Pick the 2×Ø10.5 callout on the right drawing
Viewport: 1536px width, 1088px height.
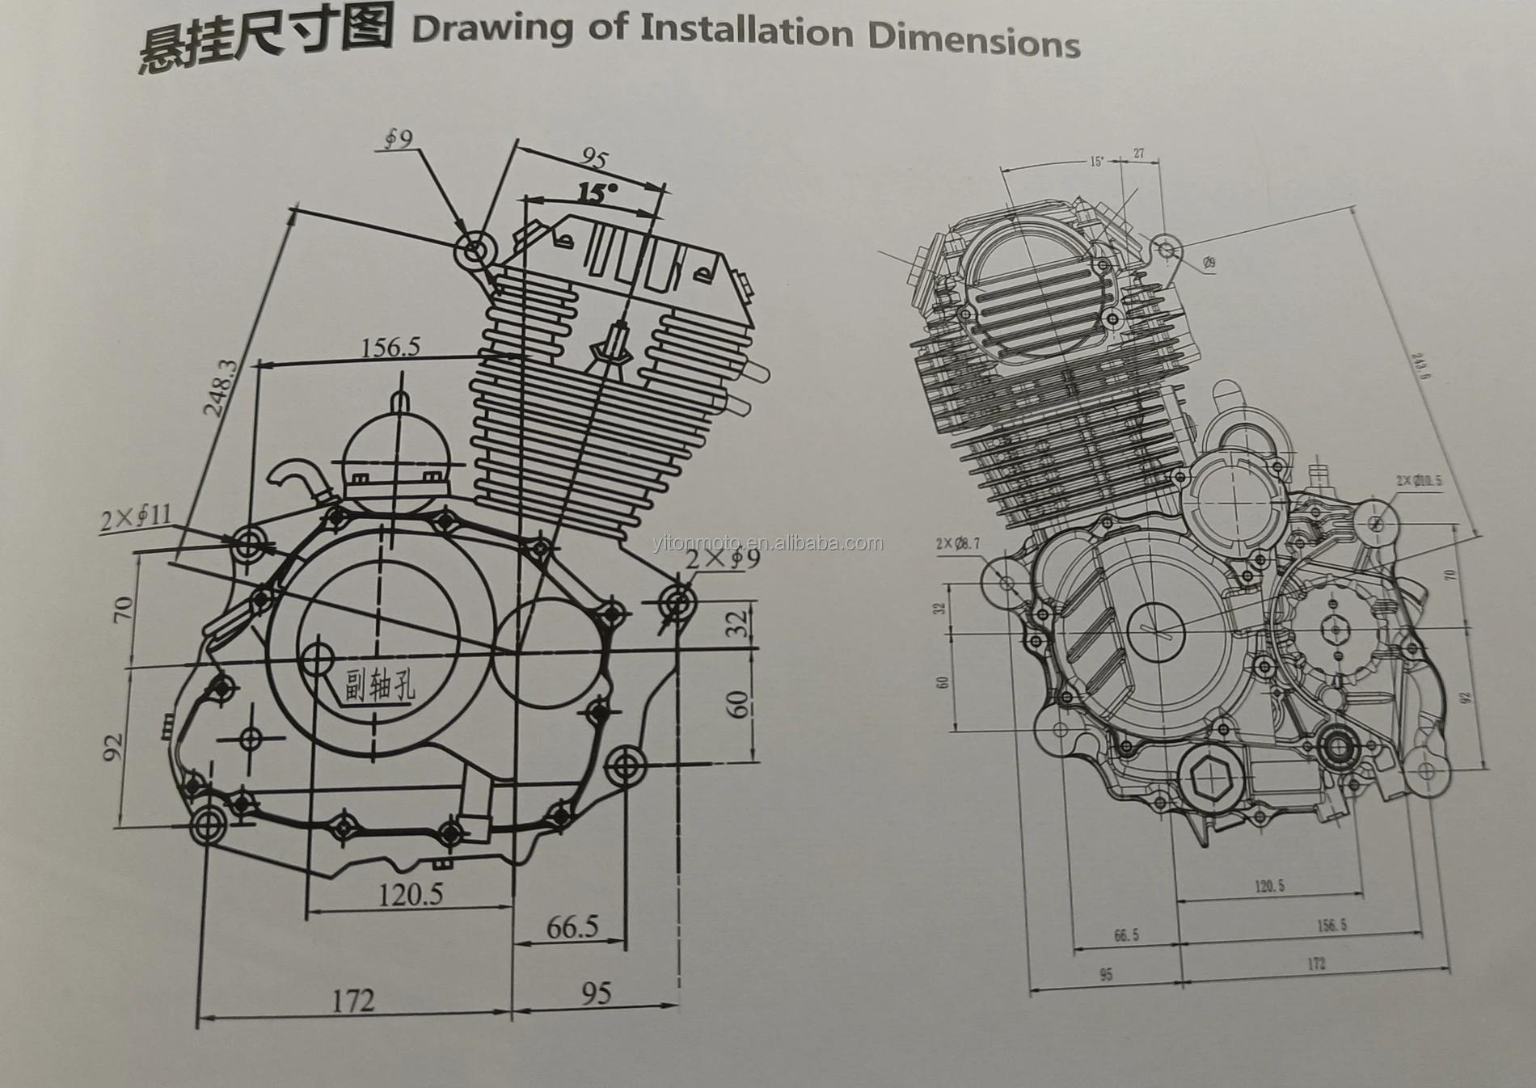1418,480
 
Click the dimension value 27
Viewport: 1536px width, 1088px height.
1138,154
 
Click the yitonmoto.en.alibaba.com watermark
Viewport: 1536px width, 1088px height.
767,543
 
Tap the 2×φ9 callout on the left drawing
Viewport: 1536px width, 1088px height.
722,559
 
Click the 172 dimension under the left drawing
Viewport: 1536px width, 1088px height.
353,1001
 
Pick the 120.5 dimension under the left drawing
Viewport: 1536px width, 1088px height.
411,894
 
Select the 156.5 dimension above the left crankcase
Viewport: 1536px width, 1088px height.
390,348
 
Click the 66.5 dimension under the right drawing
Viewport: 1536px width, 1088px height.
1125,935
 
